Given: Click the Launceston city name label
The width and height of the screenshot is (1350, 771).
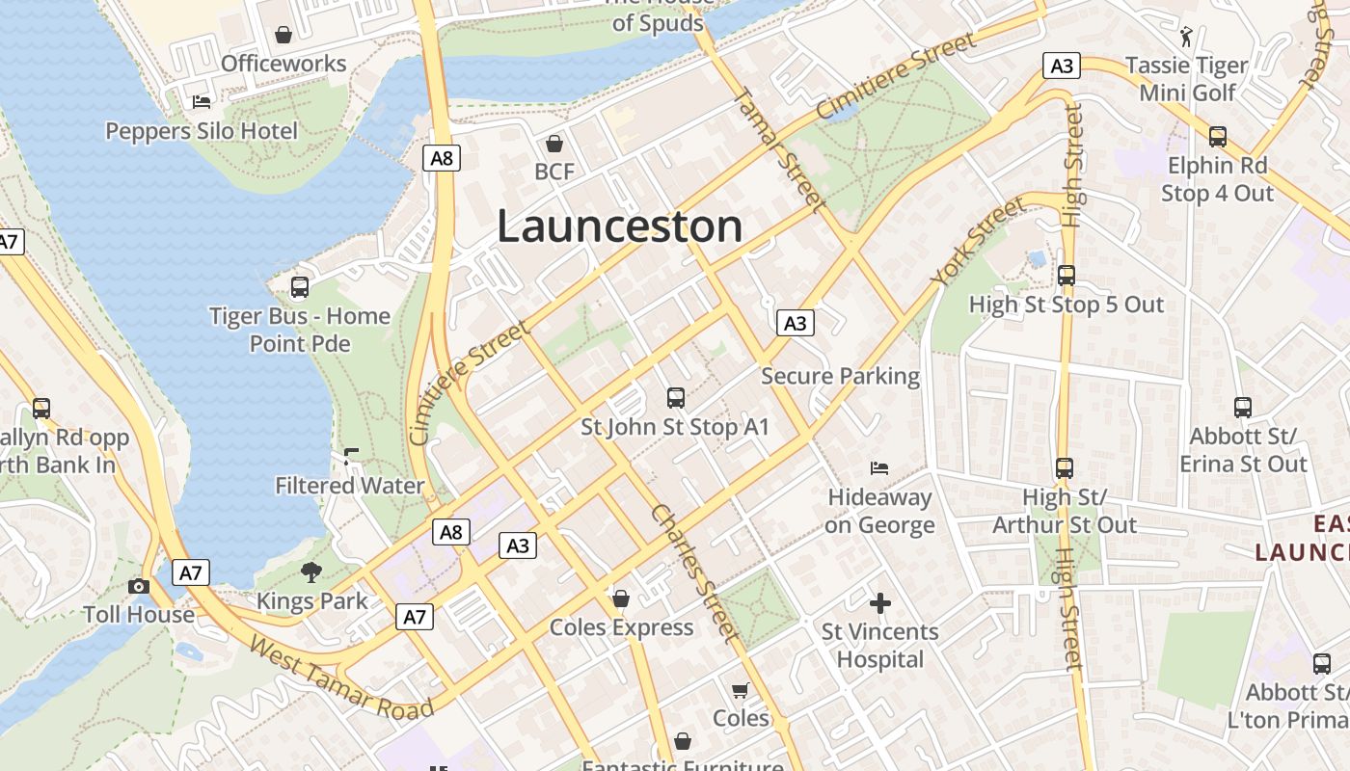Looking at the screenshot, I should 619,226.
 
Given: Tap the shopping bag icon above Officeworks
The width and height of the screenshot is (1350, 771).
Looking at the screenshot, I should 283,36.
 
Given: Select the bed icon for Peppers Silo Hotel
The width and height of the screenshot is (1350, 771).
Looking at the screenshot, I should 202,101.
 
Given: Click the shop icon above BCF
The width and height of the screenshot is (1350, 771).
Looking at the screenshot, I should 554,145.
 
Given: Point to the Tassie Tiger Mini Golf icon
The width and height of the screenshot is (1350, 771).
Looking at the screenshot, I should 1187,38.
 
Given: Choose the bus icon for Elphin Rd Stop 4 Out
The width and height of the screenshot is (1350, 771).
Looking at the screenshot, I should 1218,137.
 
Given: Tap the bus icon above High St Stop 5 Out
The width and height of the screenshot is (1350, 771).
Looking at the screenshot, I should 1066,276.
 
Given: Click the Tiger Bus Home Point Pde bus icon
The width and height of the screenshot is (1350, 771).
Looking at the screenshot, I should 300,287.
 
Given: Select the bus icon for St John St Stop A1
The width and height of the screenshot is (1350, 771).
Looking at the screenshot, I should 675,397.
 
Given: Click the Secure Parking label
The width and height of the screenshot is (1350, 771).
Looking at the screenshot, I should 840,376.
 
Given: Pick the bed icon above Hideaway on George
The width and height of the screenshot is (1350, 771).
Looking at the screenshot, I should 879,469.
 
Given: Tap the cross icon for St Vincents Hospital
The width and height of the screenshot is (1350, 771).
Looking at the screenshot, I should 879,604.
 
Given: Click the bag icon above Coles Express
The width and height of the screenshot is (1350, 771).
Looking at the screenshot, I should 621,599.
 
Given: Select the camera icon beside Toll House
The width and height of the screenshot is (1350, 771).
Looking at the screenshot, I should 139,586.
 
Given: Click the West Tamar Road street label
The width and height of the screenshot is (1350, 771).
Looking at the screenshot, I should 341,678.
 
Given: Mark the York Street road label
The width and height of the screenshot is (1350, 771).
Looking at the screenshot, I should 977,241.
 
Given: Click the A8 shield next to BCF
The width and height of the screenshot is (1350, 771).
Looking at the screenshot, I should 441,158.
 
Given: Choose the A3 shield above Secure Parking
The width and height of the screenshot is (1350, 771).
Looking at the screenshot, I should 795,323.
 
